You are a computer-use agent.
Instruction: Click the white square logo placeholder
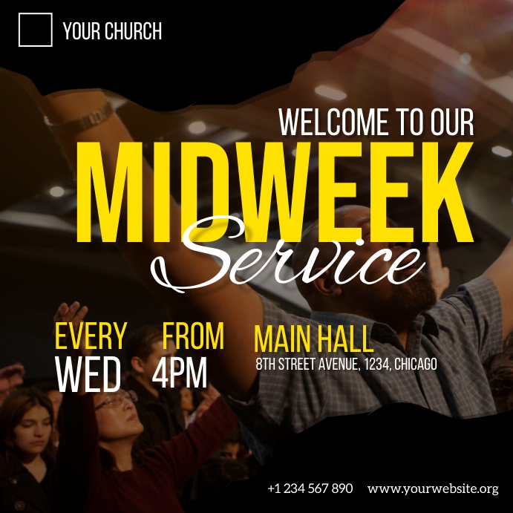click(x=36, y=30)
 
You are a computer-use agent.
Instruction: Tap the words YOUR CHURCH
click(x=112, y=31)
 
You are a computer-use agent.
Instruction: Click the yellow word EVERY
click(x=91, y=337)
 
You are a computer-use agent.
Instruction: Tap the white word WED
click(x=88, y=375)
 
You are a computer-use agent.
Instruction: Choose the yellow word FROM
click(x=193, y=337)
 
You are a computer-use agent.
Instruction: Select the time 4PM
click(x=180, y=373)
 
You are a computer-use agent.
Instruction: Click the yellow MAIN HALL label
click(x=313, y=340)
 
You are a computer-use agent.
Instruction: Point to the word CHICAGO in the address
click(x=415, y=365)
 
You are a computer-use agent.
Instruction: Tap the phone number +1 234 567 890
click(x=310, y=489)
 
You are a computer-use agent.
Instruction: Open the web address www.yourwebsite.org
click(x=433, y=489)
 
